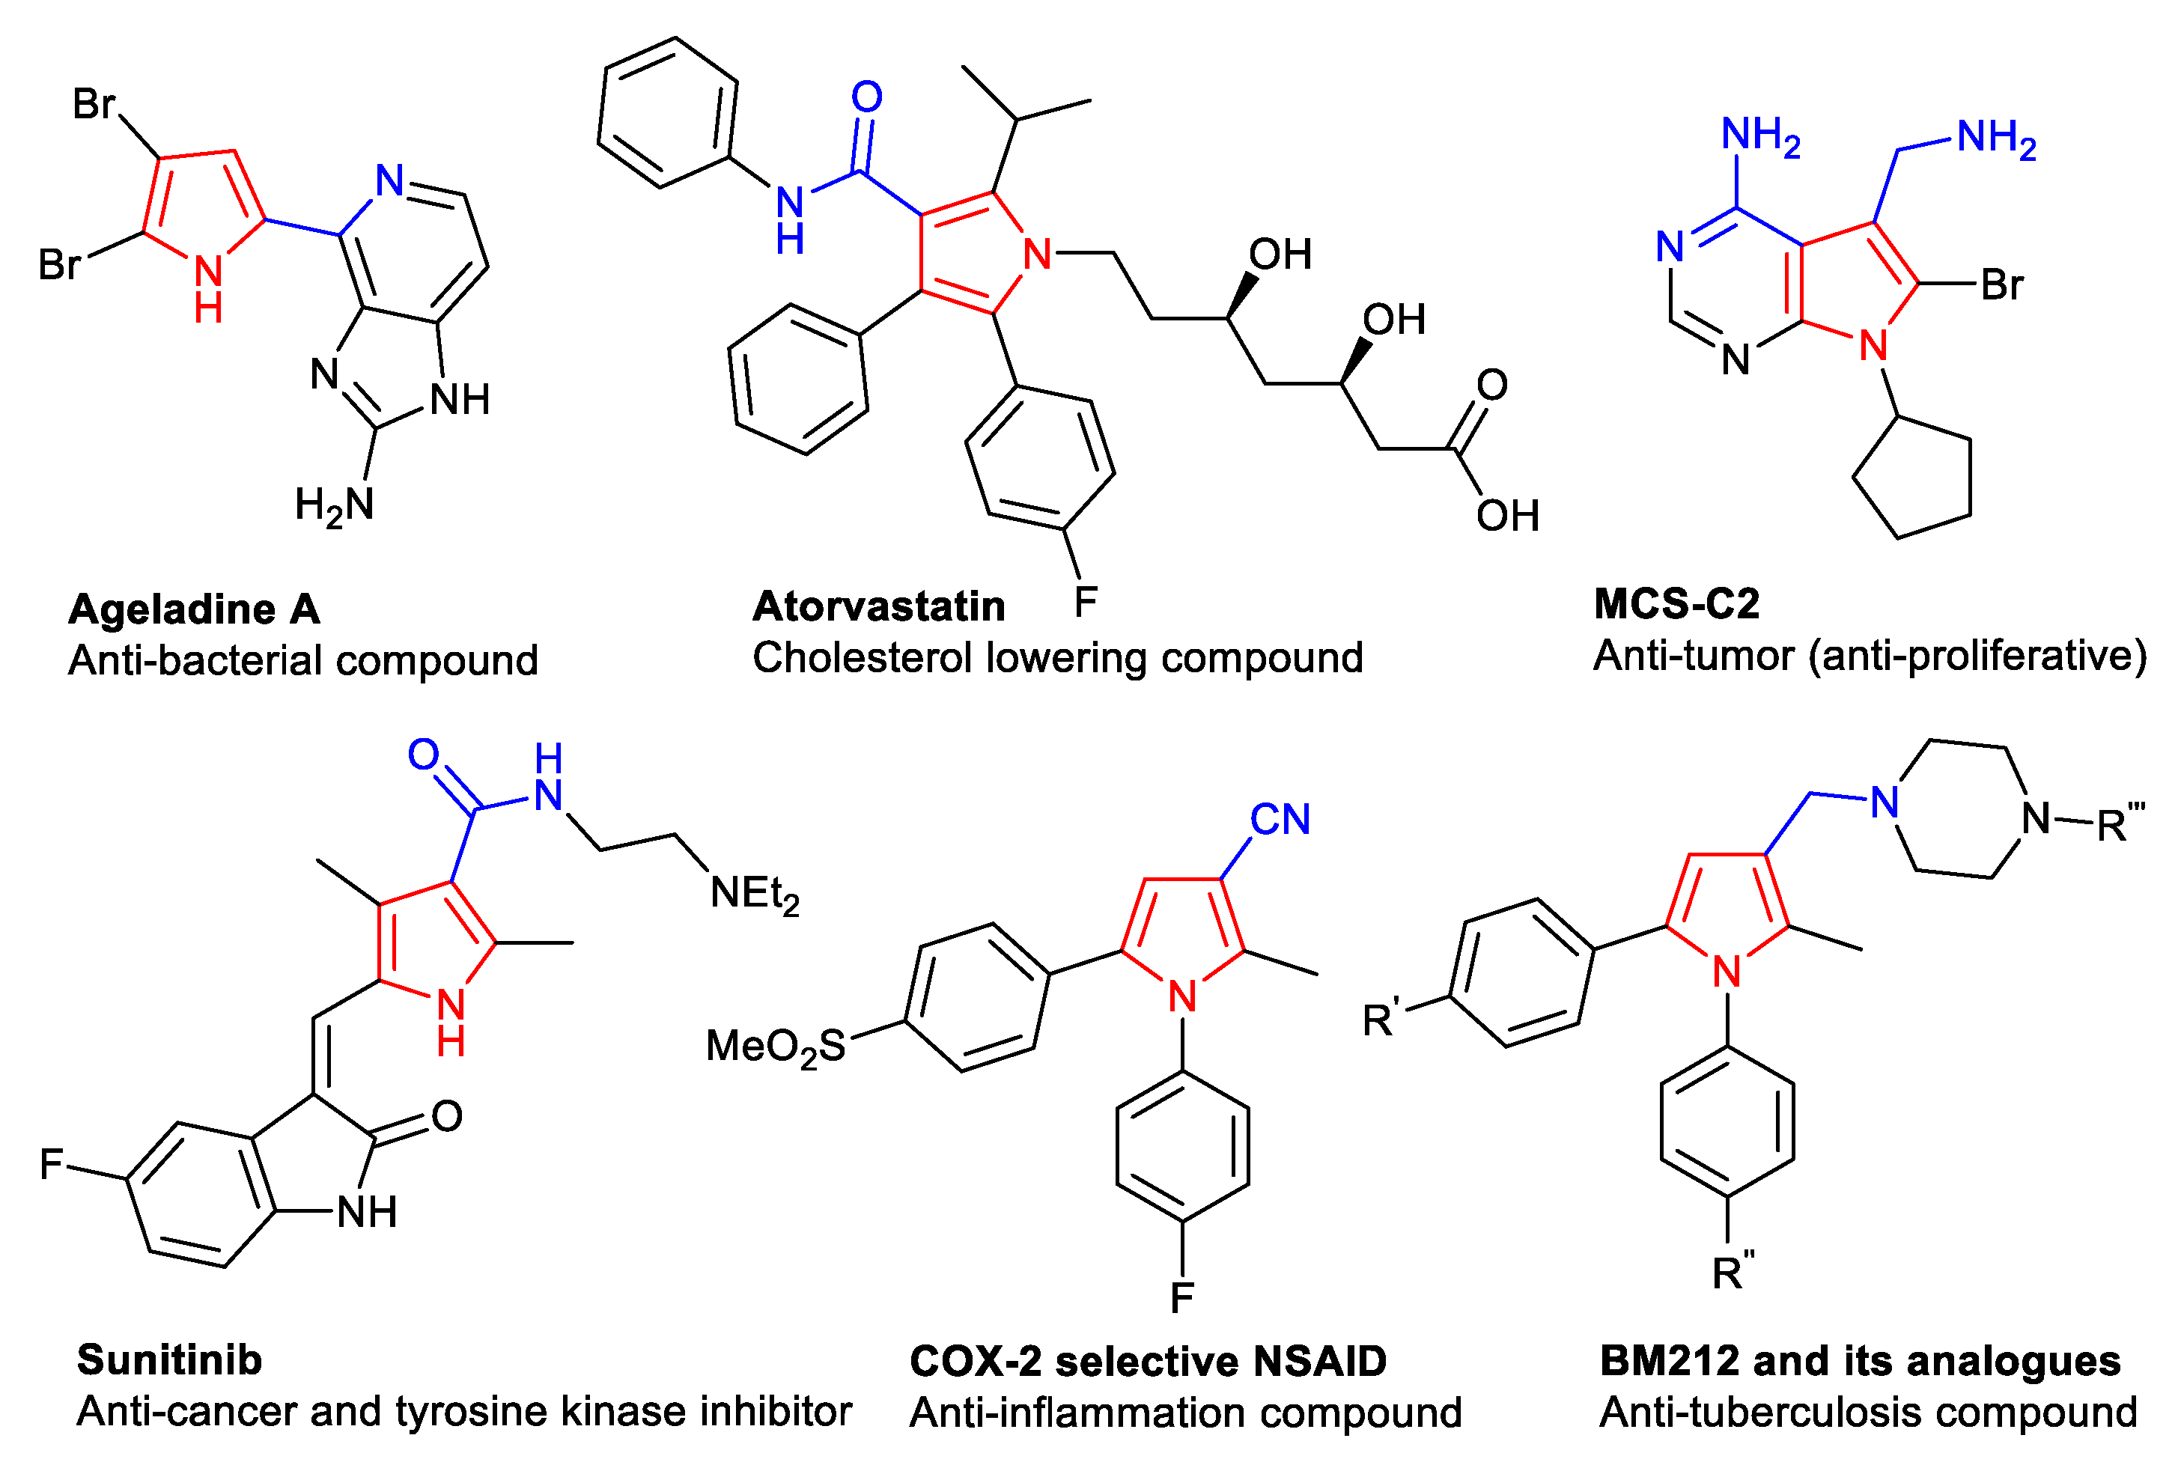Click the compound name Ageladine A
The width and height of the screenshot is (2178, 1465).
click(195, 610)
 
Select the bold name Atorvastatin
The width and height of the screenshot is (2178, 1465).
click(878, 607)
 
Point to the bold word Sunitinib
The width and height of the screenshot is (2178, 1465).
click(169, 1360)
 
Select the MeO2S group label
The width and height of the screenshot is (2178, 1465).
click(775, 1047)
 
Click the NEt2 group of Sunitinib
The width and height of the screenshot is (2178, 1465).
click(754, 894)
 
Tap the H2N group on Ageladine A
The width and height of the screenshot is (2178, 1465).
click(334, 505)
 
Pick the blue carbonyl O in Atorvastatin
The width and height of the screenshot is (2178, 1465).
click(866, 97)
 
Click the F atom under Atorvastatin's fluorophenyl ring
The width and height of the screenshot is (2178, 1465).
click(1085, 602)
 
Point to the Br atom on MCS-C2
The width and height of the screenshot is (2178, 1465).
click(2001, 285)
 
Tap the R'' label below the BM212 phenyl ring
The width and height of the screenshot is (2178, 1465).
click(1733, 1272)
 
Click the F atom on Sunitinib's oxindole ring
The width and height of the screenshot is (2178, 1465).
click(52, 1164)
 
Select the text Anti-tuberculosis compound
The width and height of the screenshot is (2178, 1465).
click(1868, 1413)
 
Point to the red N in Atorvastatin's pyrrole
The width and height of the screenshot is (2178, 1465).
click(1037, 254)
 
